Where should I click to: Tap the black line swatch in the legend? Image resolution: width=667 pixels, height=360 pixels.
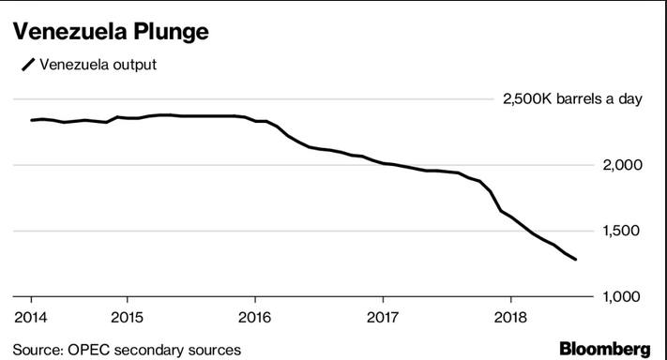click(x=28, y=65)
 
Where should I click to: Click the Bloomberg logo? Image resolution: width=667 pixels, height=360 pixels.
click(x=604, y=349)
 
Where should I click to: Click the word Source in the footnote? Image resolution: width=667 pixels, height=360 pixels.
click(x=37, y=350)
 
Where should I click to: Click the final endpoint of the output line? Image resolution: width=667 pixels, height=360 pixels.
click(x=575, y=260)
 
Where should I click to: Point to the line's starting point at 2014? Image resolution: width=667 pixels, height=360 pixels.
click(x=32, y=120)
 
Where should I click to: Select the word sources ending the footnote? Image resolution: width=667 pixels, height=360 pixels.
click(x=212, y=350)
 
